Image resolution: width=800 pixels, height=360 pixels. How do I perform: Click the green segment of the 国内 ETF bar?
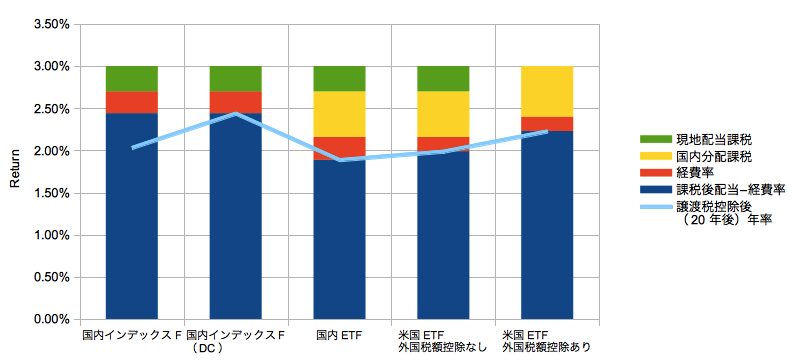click(x=339, y=79)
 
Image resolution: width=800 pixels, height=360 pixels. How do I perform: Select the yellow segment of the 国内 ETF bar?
click(x=339, y=114)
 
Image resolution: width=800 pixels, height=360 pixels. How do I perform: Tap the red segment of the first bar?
click(x=132, y=102)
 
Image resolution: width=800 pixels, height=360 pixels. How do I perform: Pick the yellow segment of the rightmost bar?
click(x=547, y=92)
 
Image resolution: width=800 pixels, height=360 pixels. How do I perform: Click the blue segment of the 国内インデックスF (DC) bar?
click(x=236, y=216)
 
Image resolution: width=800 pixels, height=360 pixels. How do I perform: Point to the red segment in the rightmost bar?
click(x=547, y=124)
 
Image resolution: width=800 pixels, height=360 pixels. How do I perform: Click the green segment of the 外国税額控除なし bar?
click(x=443, y=79)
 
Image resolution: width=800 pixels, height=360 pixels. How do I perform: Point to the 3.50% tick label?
click(x=51, y=24)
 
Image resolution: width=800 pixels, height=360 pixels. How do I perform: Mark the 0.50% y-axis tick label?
click(x=51, y=277)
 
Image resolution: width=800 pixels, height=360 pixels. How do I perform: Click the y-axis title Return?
click(x=15, y=168)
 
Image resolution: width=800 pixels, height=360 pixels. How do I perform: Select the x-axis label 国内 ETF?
click(x=339, y=336)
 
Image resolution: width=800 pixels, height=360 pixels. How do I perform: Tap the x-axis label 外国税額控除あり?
click(x=547, y=348)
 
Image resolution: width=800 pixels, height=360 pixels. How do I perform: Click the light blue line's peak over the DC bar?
click(x=236, y=113)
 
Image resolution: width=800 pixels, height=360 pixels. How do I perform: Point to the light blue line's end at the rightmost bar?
click(x=547, y=132)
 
